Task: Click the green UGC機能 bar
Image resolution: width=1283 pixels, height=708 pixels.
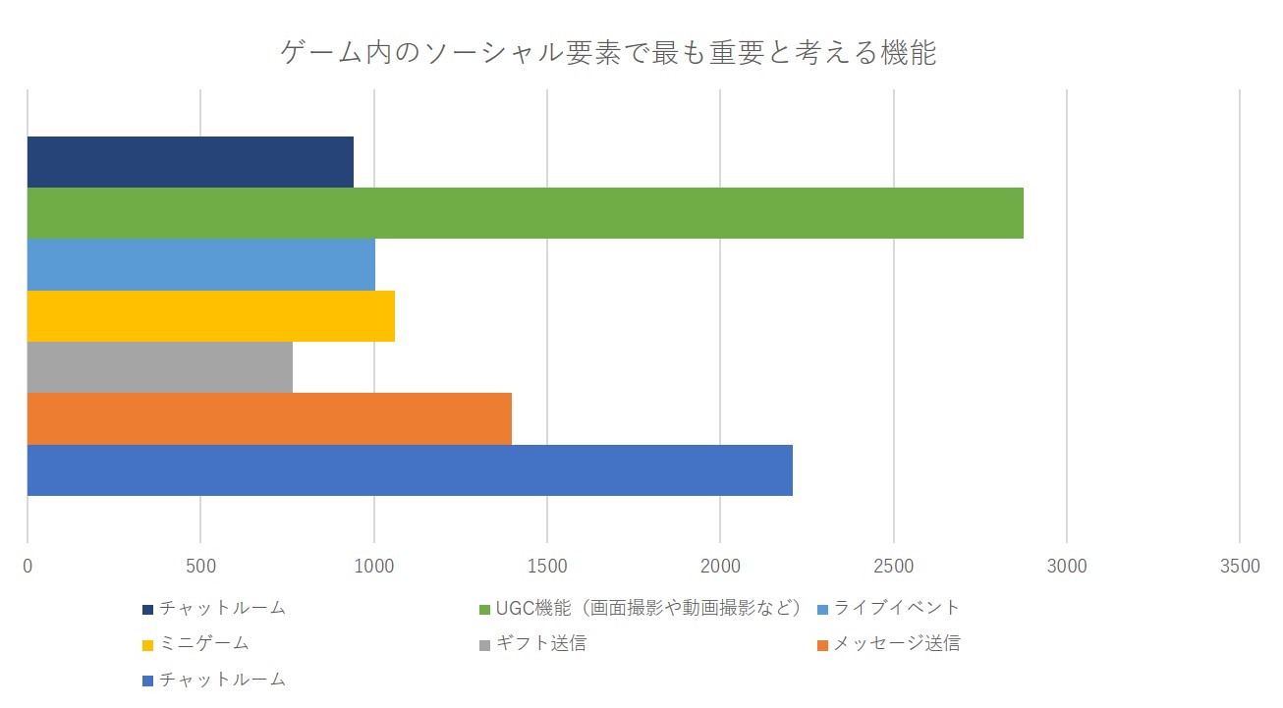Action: [525, 213]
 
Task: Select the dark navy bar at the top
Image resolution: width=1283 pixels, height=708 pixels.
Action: [190, 162]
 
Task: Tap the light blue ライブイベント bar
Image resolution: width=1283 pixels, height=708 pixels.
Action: [200, 264]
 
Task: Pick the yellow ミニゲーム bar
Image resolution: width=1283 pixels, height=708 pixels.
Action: [210, 316]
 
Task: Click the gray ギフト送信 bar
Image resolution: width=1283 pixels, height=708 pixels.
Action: [159, 367]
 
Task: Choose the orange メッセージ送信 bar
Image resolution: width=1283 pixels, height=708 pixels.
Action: [269, 418]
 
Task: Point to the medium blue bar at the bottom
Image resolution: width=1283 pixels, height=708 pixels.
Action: [410, 470]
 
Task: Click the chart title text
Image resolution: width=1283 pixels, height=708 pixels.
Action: [608, 52]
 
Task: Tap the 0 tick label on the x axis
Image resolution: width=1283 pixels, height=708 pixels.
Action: [28, 566]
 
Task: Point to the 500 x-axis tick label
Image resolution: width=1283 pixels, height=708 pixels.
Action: [200, 566]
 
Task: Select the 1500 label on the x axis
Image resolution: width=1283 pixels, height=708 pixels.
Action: [547, 566]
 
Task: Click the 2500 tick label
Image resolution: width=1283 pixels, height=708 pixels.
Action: [893, 566]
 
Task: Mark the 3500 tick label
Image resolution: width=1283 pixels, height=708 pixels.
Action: [1240, 566]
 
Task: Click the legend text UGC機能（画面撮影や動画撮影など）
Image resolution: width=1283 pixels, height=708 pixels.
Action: [649, 608]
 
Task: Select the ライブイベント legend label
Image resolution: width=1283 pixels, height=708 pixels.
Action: [896, 608]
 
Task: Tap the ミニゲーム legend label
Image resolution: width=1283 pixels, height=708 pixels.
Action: [204, 644]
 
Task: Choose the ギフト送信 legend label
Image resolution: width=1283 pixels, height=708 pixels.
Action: [541, 644]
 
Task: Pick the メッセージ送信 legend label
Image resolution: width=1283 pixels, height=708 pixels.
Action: [896, 644]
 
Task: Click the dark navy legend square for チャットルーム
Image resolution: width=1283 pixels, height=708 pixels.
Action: [147, 609]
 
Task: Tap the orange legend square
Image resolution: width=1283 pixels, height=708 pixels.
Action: [823, 645]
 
